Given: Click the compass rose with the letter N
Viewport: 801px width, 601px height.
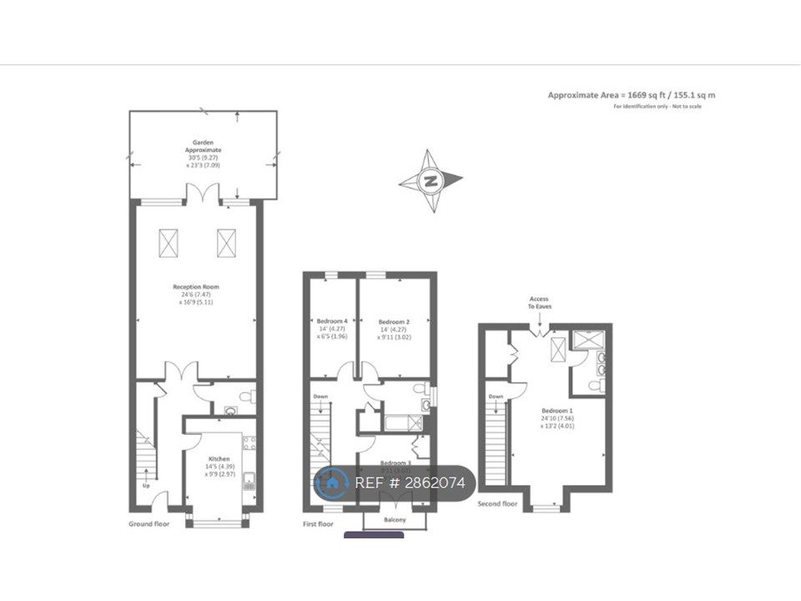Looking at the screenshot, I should [431, 180].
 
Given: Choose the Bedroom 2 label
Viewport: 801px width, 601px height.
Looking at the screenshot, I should [393, 321].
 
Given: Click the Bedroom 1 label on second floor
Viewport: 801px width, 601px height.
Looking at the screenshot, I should [556, 411].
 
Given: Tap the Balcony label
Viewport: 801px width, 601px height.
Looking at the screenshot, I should [395, 520].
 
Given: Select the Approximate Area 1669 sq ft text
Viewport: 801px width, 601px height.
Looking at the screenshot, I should [631, 95].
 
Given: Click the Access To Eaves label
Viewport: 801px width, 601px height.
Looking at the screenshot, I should [538, 302].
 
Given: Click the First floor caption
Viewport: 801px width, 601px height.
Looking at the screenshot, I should [318, 523].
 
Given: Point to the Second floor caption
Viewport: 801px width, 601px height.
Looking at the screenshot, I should [497, 504].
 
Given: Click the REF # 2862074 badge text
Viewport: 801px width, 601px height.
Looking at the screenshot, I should [410, 482].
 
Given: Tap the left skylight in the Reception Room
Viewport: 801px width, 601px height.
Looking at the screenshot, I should [169, 243].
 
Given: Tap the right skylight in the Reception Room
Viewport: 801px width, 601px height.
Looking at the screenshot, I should [226, 243].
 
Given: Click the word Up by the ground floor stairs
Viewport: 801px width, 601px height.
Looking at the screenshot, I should [147, 484].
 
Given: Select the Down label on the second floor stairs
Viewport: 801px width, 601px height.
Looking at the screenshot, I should [496, 396].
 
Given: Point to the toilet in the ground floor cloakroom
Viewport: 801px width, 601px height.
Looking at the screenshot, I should [246, 396].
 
